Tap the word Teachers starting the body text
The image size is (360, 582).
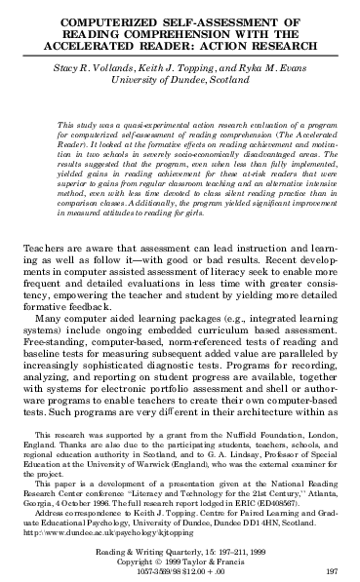(44, 250)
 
